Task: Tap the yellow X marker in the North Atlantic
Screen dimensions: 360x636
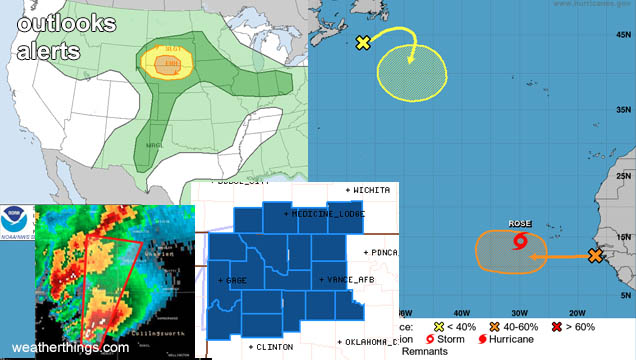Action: pyautogui.click(x=363, y=42)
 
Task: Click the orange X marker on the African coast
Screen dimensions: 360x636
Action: pyautogui.click(x=596, y=256)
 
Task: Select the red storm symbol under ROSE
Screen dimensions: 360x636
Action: pyautogui.click(x=519, y=241)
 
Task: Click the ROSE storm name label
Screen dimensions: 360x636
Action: pyautogui.click(x=519, y=224)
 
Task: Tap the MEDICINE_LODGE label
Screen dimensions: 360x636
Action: pyautogui.click(x=327, y=214)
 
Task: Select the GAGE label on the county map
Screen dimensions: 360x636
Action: pyautogui.click(x=235, y=280)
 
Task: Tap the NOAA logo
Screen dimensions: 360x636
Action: pyautogui.click(x=17, y=220)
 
